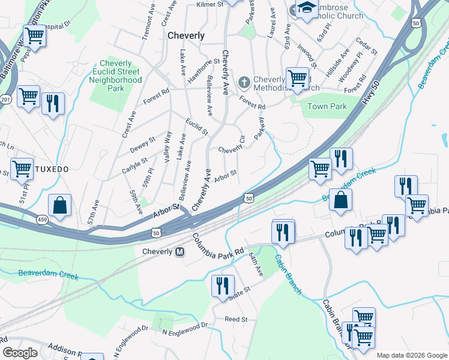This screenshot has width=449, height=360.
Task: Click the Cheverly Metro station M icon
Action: [x=179, y=252]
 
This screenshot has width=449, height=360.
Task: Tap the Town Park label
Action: [x=327, y=106]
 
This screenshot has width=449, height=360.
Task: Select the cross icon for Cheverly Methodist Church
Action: [x=244, y=82]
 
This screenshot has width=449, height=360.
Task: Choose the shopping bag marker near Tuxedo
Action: [x=60, y=206]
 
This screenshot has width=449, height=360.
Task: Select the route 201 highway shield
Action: [x=5, y=99]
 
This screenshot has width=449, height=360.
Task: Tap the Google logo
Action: [x=20, y=353]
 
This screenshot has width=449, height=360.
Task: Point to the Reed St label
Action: [x=236, y=319]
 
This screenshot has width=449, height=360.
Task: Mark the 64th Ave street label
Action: [x=256, y=265]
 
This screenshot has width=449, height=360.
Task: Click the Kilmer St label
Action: [x=210, y=4]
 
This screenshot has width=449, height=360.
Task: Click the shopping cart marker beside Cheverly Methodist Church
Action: [x=297, y=78]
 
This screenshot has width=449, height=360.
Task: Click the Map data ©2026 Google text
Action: [x=411, y=355]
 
